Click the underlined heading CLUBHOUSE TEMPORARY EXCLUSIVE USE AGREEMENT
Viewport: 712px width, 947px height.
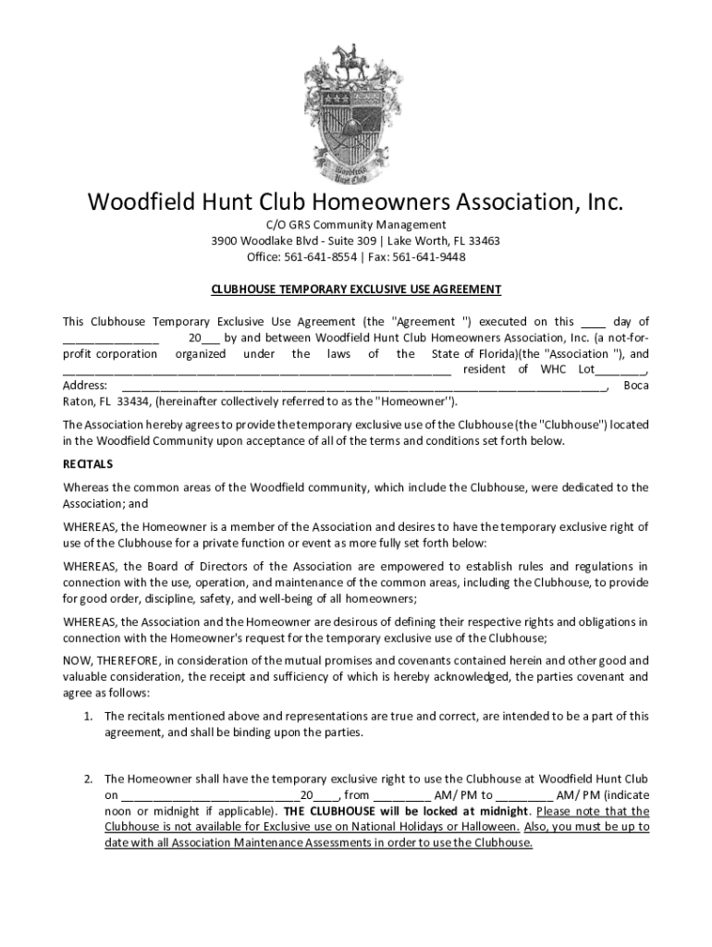(356, 289)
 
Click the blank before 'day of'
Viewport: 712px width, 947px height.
(593, 322)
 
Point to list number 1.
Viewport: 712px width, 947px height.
(86, 716)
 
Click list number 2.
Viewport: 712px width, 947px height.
(86, 779)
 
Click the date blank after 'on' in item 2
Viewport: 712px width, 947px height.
(210, 795)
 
